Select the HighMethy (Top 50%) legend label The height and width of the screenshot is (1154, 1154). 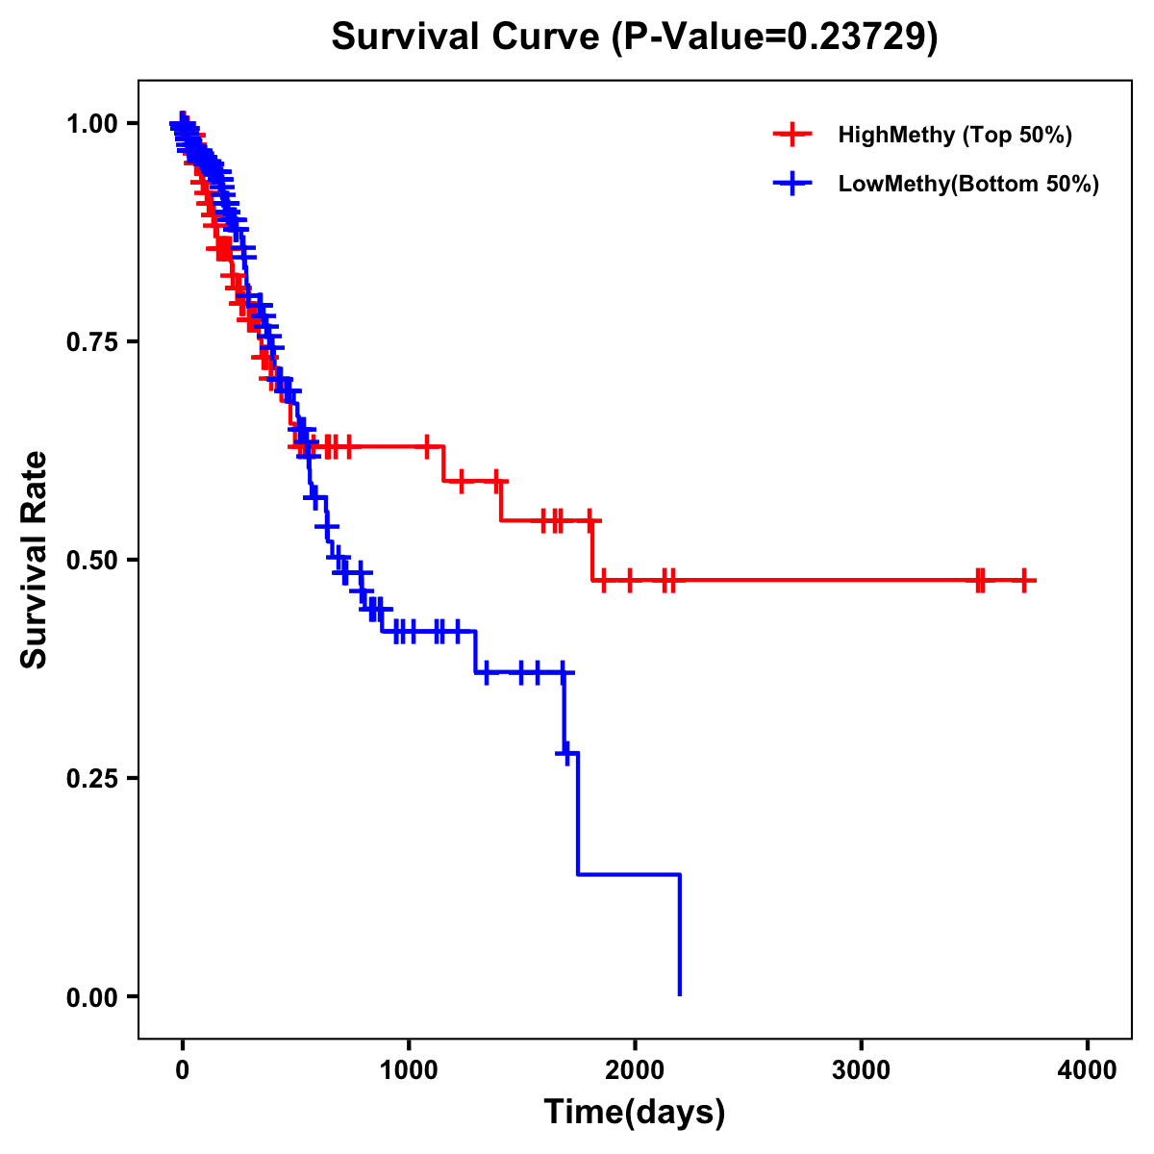coord(954,135)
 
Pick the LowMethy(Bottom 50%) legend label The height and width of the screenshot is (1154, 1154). coord(968,184)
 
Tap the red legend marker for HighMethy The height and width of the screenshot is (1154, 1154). coord(791,135)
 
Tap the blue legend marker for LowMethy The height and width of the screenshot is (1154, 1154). coord(791,184)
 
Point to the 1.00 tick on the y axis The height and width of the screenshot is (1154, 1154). coord(91,123)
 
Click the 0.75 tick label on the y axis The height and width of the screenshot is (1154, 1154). coord(91,341)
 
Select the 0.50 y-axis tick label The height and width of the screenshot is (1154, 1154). coord(91,560)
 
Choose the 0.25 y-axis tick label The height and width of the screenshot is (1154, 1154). coord(91,778)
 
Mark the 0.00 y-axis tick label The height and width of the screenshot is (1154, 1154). coord(91,996)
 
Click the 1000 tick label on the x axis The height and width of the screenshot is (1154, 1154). coord(409,1069)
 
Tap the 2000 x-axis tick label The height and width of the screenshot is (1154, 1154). coord(635,1069)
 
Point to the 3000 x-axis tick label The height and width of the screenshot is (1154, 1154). coord(862,1069)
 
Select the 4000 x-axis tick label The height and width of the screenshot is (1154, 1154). coord(1088,1069)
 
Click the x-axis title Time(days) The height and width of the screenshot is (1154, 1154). coord(635,1113)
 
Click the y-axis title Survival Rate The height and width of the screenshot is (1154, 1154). coord(34,560)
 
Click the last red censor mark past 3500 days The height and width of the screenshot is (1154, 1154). coord(1025,581)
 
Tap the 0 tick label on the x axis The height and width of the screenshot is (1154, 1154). coord(182,1069)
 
